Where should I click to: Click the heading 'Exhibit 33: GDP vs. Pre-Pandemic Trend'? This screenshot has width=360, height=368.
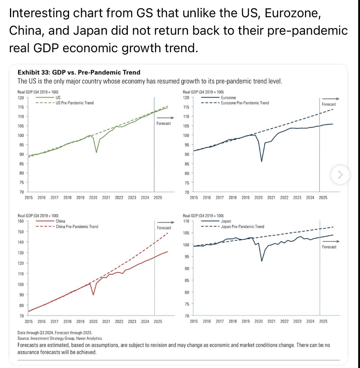click(79, 72)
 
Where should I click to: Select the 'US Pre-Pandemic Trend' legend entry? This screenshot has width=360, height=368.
click(74, 103)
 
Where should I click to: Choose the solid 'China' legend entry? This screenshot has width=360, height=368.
click(60, 221)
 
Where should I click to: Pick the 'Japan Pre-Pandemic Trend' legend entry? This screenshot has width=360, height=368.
click(243, 227)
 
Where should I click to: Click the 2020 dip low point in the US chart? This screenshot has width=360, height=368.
click(96, 153)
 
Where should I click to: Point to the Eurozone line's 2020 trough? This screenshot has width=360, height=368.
click(262, 161)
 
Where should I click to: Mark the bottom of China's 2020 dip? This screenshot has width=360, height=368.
click(93, 295)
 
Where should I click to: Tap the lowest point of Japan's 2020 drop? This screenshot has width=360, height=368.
click(262, 261)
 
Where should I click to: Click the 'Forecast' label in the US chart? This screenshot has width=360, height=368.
click(163, 123)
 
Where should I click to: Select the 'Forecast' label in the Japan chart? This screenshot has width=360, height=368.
click(329, 247)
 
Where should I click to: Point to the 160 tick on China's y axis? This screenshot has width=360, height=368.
click(21, 221)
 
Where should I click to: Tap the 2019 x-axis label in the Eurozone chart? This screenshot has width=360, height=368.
click(246, 197)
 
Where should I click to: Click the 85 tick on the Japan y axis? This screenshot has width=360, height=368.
click(187, 280)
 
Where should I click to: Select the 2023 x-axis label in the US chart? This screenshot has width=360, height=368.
click(132, 197)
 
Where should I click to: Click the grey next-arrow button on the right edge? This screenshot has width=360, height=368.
click(340, 175)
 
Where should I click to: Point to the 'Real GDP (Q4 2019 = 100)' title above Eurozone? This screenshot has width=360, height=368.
click(203, 92)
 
